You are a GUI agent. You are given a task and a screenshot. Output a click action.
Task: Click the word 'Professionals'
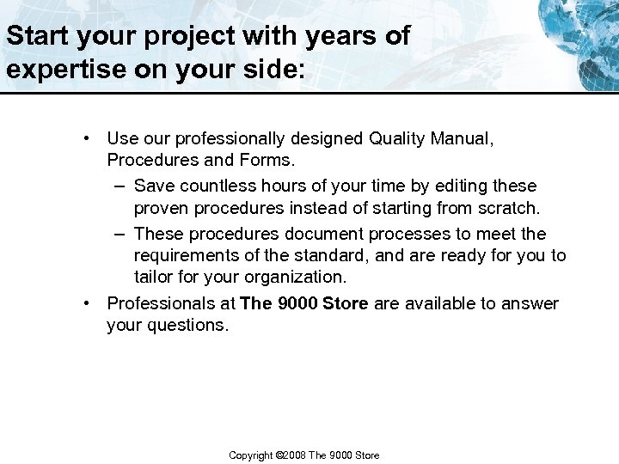pyautogui.click(x=162, y=303)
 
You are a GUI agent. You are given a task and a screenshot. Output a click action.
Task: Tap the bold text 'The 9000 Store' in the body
pyautogui.click(x=304, y=303)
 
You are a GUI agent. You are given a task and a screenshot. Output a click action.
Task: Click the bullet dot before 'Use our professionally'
pyautogui.click(x=88, y=137)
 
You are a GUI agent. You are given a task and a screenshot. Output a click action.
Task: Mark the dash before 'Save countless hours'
pyautogui.click(x=116, y=186)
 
